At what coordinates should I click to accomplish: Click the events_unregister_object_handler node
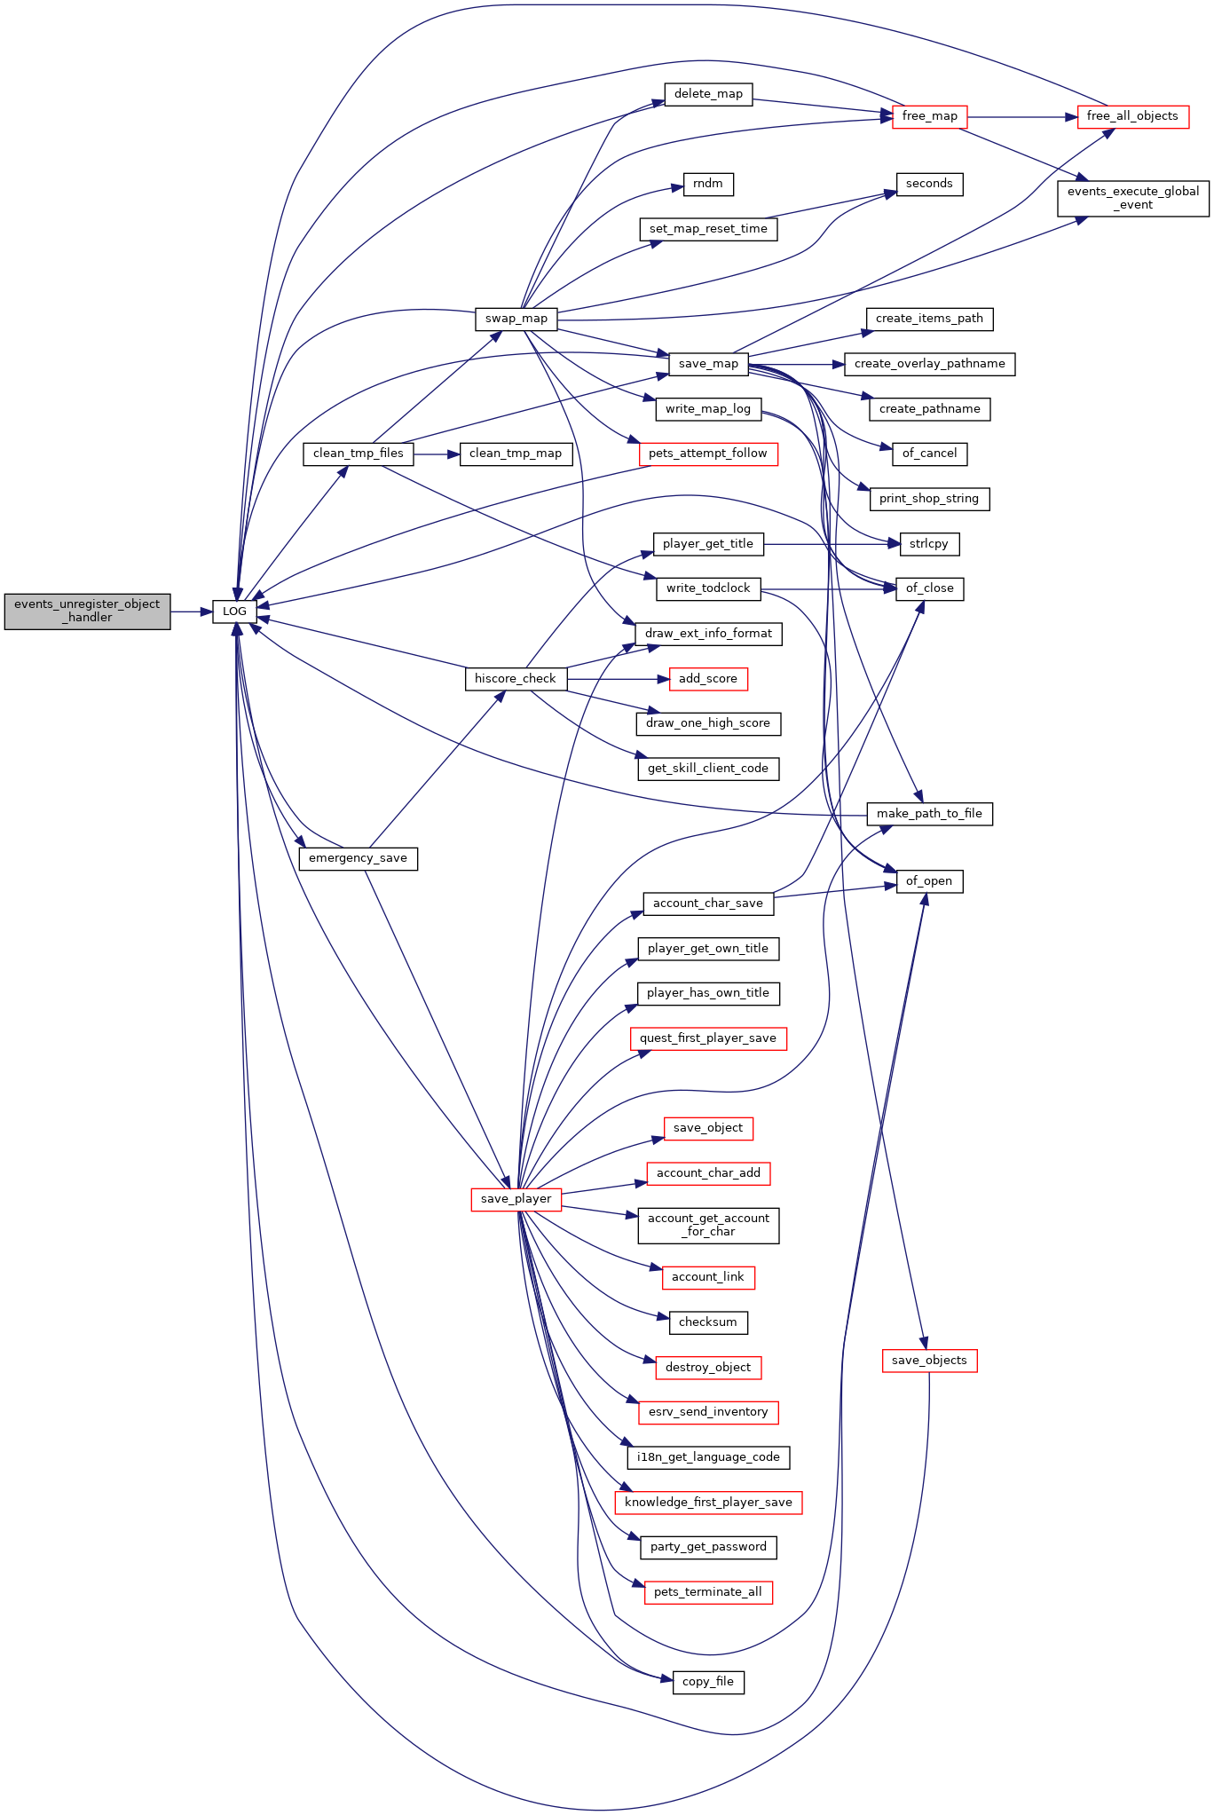pyautogui.click(x=87, y=612)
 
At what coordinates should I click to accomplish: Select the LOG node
pyautogui.click(x=234, y=612)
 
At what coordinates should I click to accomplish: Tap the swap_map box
pyautogui.click(x=516, y=319)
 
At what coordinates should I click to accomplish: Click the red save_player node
pyautogui.click(x=516, y=1199)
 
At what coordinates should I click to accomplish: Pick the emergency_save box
pyautogui.click(x=358, y=858)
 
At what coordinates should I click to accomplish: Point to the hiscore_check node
pyautogui.click(x=515, y=679)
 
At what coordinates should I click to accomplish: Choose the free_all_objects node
pyautogui.click(x=1132, y=116)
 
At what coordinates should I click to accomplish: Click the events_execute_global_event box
pyautogui.click(x=1133, y=198)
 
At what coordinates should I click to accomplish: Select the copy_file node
pyautogui.click(x=708, y=1682)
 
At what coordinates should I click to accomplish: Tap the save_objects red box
pyautogui.click(x=929, y=1361)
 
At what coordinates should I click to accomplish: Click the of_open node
pyautogui.click(x=929, y=881)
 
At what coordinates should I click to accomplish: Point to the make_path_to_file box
pyautogui.click(x=929, y=814)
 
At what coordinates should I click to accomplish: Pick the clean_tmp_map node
pyautogui.click(x=516, y=454)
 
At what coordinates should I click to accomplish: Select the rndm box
pyautogui.click(x=708, y=184)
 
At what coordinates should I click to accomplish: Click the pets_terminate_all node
pyautogui.click(x=708, y=1592)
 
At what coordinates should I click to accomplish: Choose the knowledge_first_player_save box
pyautogui.click(x=708, y=1503)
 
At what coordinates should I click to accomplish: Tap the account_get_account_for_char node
pyautogui.click(x=708, y=1226)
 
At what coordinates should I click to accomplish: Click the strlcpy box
pyautogui.click(x=929, y=544)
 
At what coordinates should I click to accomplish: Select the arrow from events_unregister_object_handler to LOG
pyautogui.click(x=192, y=612)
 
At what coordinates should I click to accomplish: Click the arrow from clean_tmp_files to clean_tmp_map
pyautogui.click(x=437, y=454)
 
